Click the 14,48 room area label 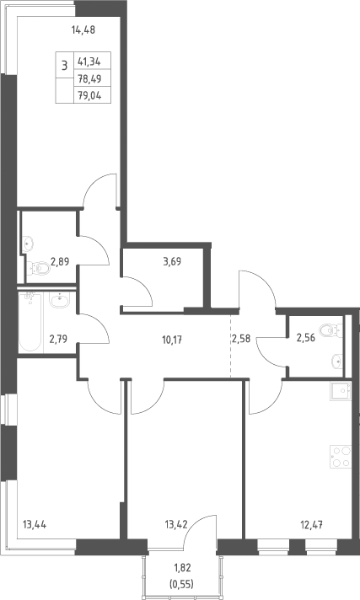(x=83, y=29)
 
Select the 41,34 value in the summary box (x=89, y=61)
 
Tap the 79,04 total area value (x=89, y=96)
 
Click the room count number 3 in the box (x=64, y=66)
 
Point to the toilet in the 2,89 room (x=38, y=268)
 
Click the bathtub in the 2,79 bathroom (x=30, y=321)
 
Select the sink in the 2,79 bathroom (x=60, y=300)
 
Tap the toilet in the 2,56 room (x=331, y=330)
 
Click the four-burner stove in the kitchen (x=341, y=457)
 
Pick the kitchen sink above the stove (x=341, y=391)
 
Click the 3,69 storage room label (x=172, y=262)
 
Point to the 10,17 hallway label (x=172, y=339)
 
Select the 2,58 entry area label (x=241, y=338)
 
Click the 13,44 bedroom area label (x=35, y=525)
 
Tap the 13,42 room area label (x=175, y=524)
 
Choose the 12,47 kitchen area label (x=311, y=524)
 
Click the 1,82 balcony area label (x=181, y=567)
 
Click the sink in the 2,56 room (x=336, y=361)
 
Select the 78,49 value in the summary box (x=89, y=78)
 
